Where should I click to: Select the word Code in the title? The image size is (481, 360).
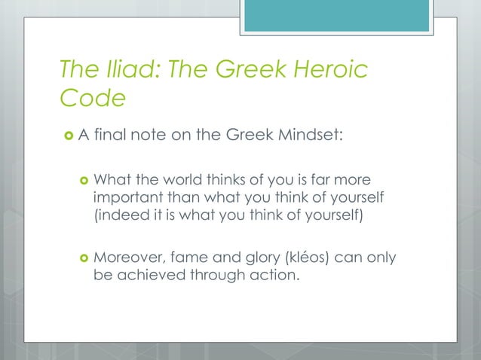(x=93, y=98)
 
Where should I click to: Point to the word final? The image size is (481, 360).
(x=109, y=136)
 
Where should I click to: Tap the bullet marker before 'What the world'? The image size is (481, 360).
(x=82, y=179)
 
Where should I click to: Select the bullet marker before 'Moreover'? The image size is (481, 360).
(x=82, y=258)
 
